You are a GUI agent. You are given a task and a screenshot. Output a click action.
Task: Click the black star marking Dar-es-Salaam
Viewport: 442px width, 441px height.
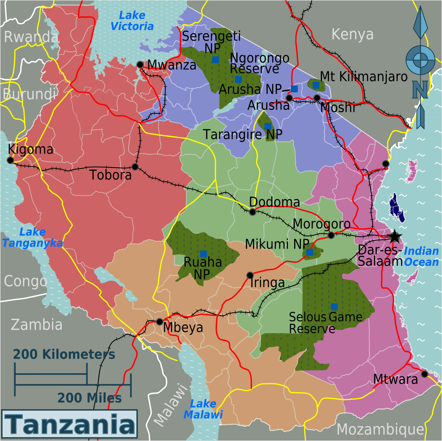(394, 237)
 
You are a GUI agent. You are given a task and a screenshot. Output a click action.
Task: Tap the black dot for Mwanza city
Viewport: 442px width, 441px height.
(140, 64)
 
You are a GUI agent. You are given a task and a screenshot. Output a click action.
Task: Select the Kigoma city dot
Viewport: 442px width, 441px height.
(10, 160)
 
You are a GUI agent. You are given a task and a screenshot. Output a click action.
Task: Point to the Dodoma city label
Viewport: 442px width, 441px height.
(274, 202)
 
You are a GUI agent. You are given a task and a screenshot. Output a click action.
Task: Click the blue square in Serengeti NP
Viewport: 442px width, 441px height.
(215, 60)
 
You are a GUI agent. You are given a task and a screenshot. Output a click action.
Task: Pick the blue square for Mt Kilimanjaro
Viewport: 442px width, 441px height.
(316, 85)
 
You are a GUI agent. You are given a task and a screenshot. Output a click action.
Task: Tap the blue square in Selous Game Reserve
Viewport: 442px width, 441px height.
(334, 307)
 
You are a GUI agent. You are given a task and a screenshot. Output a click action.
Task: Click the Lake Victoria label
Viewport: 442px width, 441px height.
(132, 21)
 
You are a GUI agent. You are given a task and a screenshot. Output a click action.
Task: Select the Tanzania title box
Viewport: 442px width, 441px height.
(69, 424)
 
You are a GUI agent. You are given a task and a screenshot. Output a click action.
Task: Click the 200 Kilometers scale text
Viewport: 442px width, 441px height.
(64, 354)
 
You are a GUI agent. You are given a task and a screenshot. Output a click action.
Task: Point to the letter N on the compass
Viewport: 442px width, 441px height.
(420, 90)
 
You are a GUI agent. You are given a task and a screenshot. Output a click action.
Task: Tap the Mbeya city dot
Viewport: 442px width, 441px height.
(159, 322)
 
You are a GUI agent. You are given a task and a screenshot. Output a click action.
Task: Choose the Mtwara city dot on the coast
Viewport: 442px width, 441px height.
(425, 374)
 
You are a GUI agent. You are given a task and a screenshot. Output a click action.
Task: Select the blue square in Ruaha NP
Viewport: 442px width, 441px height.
(203, 254)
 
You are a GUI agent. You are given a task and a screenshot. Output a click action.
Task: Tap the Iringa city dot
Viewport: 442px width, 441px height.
(250, 275)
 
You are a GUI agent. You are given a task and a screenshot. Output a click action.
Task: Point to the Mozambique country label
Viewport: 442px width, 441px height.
(380, 429)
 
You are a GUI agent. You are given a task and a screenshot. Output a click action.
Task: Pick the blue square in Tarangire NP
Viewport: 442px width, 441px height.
(268, 126)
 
